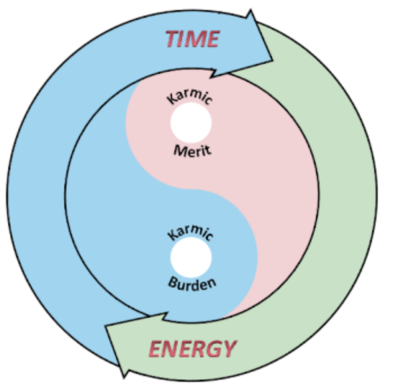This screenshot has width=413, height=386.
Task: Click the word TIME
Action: tap(193, 39)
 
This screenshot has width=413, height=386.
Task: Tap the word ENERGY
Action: tap(193, 349)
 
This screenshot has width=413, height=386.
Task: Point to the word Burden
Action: tap(193, 284)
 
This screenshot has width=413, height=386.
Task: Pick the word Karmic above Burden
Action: tap(191, 232)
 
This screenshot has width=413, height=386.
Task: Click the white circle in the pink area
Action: tap(191, 122)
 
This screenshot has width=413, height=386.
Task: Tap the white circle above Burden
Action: tap(191, 257)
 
